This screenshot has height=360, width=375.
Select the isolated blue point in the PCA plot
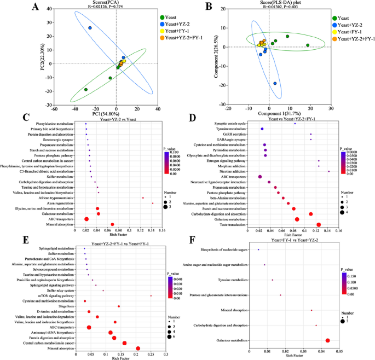pyautogui.click(x=90, y=28)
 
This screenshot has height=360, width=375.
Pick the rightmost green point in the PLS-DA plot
pyautogui.click(x=308, y=45)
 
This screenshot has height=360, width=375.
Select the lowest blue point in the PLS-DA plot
pyautogui.click(x=275, y=84)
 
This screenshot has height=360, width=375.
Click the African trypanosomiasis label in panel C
pyautogui.click(x=61, y=198)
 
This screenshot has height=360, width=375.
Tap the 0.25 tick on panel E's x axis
pyautogui.click(x=151, y=354)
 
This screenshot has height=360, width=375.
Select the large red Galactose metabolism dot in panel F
pyautogui.click(x=327, y=340)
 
